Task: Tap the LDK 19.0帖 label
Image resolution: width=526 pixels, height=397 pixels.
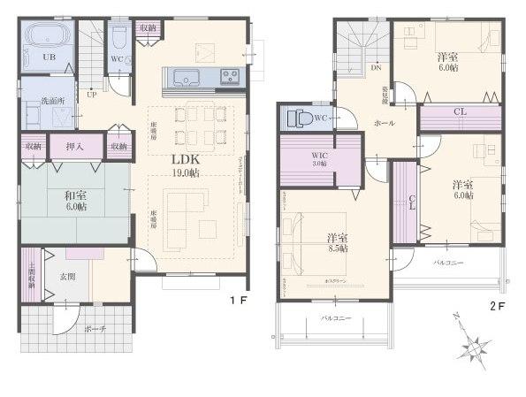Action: [184, 166]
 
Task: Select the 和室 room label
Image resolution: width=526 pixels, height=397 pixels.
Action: [75, 200]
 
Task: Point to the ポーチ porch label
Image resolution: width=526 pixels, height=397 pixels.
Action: [96, 329]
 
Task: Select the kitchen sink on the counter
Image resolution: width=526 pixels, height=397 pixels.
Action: [187, 77]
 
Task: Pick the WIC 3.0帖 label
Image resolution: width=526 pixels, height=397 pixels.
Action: [319, 160]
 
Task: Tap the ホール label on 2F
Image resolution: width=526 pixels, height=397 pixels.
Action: [385, 124]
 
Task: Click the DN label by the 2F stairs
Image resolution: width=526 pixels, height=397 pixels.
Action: [376, 67]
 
